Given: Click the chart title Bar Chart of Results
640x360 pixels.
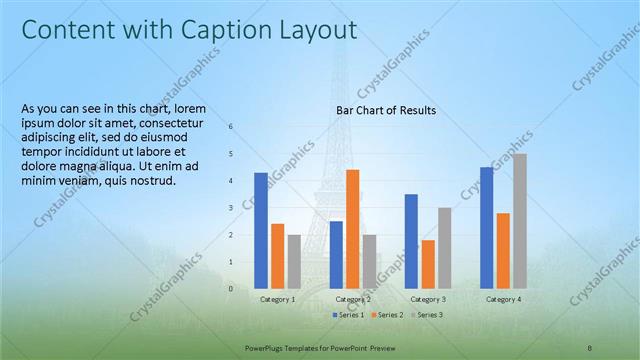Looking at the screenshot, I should pos(385,110).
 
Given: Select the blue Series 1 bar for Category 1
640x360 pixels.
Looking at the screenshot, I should pos(261,230).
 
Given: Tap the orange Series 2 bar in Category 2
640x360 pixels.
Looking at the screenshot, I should pos(352,228).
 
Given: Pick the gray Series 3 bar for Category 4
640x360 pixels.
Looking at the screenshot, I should pos(520,221).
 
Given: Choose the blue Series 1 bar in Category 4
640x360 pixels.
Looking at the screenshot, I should pos(486,227).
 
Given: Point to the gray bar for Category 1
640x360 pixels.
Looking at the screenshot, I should pos(294,261).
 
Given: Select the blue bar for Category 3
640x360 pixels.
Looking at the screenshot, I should pos(411,241).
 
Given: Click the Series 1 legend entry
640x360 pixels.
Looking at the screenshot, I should pos(347,315).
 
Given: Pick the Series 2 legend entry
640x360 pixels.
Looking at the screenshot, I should pos(386,315).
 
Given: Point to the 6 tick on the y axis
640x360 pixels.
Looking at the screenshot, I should pos(231,127).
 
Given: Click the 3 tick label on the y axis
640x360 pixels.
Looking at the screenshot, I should pos(231,208).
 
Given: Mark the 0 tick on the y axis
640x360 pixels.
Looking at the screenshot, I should pos(231,289).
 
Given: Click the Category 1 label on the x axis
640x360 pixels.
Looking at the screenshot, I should pos(277,299).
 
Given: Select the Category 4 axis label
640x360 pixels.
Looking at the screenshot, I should pos(503,299).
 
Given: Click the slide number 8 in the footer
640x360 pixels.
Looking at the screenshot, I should pos(590,346).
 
